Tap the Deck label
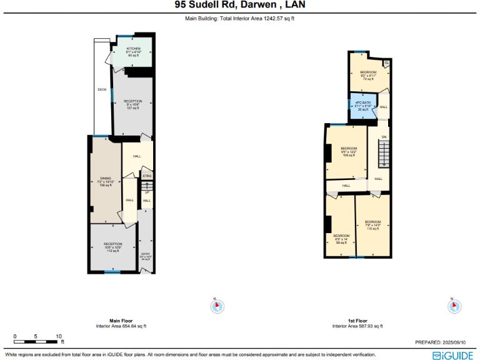tap(102, 89)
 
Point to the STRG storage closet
tap(147, 176)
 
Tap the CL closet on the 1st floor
tap(386, 62)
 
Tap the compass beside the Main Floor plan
tap(217, 306)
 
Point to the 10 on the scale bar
tap(59, 336)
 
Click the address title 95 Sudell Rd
tap(240, 6)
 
